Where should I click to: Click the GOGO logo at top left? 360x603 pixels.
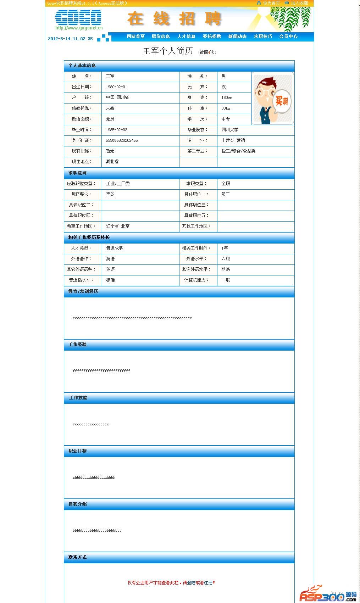pos(78,18)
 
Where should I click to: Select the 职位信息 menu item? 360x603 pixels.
pos(161,37)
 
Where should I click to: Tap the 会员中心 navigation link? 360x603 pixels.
pos(288,37)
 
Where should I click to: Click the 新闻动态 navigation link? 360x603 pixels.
pos(237,37)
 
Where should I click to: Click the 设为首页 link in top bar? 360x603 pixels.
pos(271,3)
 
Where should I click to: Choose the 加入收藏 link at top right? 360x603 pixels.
pos(299,3)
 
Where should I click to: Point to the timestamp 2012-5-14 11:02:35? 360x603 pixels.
pos(70,39)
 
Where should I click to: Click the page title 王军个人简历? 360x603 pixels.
pos(168,51)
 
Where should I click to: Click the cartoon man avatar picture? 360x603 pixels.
pos(272,99)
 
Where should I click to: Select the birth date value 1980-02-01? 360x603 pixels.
pos(116,87)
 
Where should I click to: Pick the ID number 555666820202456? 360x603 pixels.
pos(122,140)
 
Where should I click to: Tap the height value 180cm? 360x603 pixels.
pos(227,97)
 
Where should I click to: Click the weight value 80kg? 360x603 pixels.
pos(226,108)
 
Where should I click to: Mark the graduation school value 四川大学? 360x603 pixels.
pos(230,130)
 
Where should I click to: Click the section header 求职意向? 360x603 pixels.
pos(77,173)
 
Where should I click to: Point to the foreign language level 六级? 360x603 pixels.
pos(226,259)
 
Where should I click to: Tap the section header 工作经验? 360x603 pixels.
pos(77,345)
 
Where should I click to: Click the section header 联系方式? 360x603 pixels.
pos(77,557)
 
